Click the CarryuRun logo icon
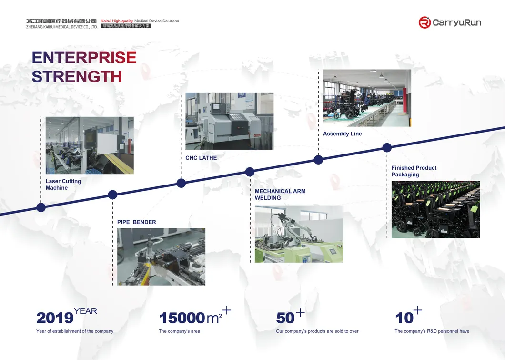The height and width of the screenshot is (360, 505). click(424, 22)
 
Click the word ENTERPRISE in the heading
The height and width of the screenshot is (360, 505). click(84, 58)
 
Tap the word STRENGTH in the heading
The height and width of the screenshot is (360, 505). click(77, 76)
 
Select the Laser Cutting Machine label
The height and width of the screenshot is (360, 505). click(63, 185)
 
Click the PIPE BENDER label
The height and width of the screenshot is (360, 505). click(137, 222)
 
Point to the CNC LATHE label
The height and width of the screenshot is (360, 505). click(201, 158)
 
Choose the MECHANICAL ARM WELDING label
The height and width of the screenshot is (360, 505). click(280, 195)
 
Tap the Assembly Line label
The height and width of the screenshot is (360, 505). click(342, 134)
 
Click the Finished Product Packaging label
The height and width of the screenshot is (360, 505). click(414, 171)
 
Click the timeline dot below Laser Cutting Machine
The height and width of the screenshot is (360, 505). click(41, 207)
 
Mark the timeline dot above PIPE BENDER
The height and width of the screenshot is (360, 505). click(112, 195)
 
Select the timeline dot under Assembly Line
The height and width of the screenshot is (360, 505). click(318, 160)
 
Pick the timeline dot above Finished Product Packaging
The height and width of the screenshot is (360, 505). click(387, 148)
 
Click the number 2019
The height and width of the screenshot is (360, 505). click(55, 318)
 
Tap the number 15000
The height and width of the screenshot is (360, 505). click(182, 318)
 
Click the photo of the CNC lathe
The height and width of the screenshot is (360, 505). click(229, 121)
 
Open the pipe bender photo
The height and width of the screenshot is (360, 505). click(161, 257)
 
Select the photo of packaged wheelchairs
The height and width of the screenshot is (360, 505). click(435, 209)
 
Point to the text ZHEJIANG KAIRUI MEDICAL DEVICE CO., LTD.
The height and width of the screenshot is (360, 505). click(61, 27)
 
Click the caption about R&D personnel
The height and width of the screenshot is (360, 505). click(432, 331)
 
